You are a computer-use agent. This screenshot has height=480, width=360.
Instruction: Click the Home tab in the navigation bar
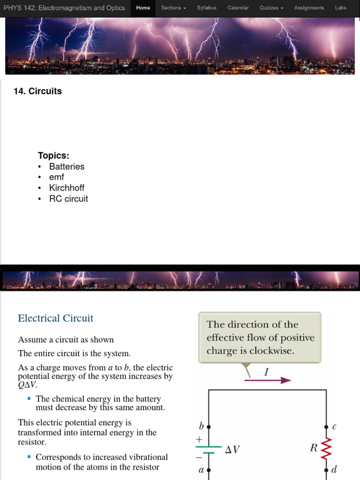pyautogui.click(x=143, y=8)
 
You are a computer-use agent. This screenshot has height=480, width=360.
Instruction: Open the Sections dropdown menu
pyautogui.click(x=173, y=8)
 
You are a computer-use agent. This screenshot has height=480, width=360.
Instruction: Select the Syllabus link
pyautogui.click(x=207, y=8)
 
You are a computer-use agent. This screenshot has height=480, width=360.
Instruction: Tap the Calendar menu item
pyautogui.click(x=238, y=8)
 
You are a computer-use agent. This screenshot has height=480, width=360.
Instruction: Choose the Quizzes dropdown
pyautogui.click(x=271, y=8)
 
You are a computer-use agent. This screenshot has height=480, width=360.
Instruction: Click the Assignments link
pyautogui.click(x=309, y=8)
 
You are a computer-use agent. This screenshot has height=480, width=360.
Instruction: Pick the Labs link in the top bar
pyautogui.click(x=341, y=8)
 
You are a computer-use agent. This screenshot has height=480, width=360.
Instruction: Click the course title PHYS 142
pyautogui.click(x=64, y=8)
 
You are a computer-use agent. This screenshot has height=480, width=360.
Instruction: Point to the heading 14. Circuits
pyautogui.click(x=38, y=91)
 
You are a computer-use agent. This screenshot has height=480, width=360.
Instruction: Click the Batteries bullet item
pyautogui.click(x=67, y=166)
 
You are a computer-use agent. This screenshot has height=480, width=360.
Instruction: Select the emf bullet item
pyautogui.click(x=56, y=177)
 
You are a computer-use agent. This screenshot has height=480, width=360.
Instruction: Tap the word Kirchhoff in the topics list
pyautogui.click(x=67, y=188)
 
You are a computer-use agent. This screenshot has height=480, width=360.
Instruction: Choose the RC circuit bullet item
pyautogui.click(x=68, y=199)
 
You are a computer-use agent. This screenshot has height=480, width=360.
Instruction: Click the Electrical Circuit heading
pyautogui.click(x=55, y=318)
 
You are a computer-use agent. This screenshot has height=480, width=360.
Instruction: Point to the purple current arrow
pyautogui.click(x=268, y=380)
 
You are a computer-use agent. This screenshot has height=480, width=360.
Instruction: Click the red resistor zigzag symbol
pyautogui.click(x=326, y=448)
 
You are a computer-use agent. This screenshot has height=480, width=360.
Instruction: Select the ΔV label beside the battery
pyautogui.click(x=232, y=450)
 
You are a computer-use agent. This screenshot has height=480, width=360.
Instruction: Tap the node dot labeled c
pyautogui.click(x=326, y=427)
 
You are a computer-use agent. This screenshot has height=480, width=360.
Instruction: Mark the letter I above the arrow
pyautogui.click(x=267, y=372)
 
